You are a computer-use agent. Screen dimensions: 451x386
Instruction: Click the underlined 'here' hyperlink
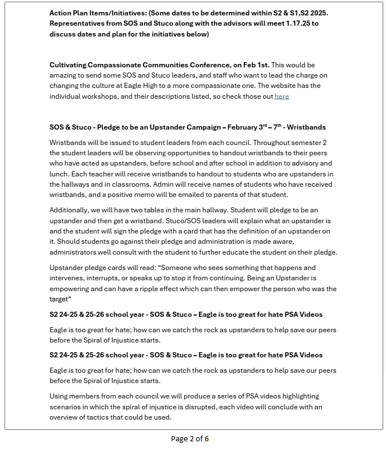281,96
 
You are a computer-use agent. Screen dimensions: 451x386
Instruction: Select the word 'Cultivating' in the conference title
69,65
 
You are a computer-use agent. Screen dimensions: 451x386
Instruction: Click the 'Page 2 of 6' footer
190,439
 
